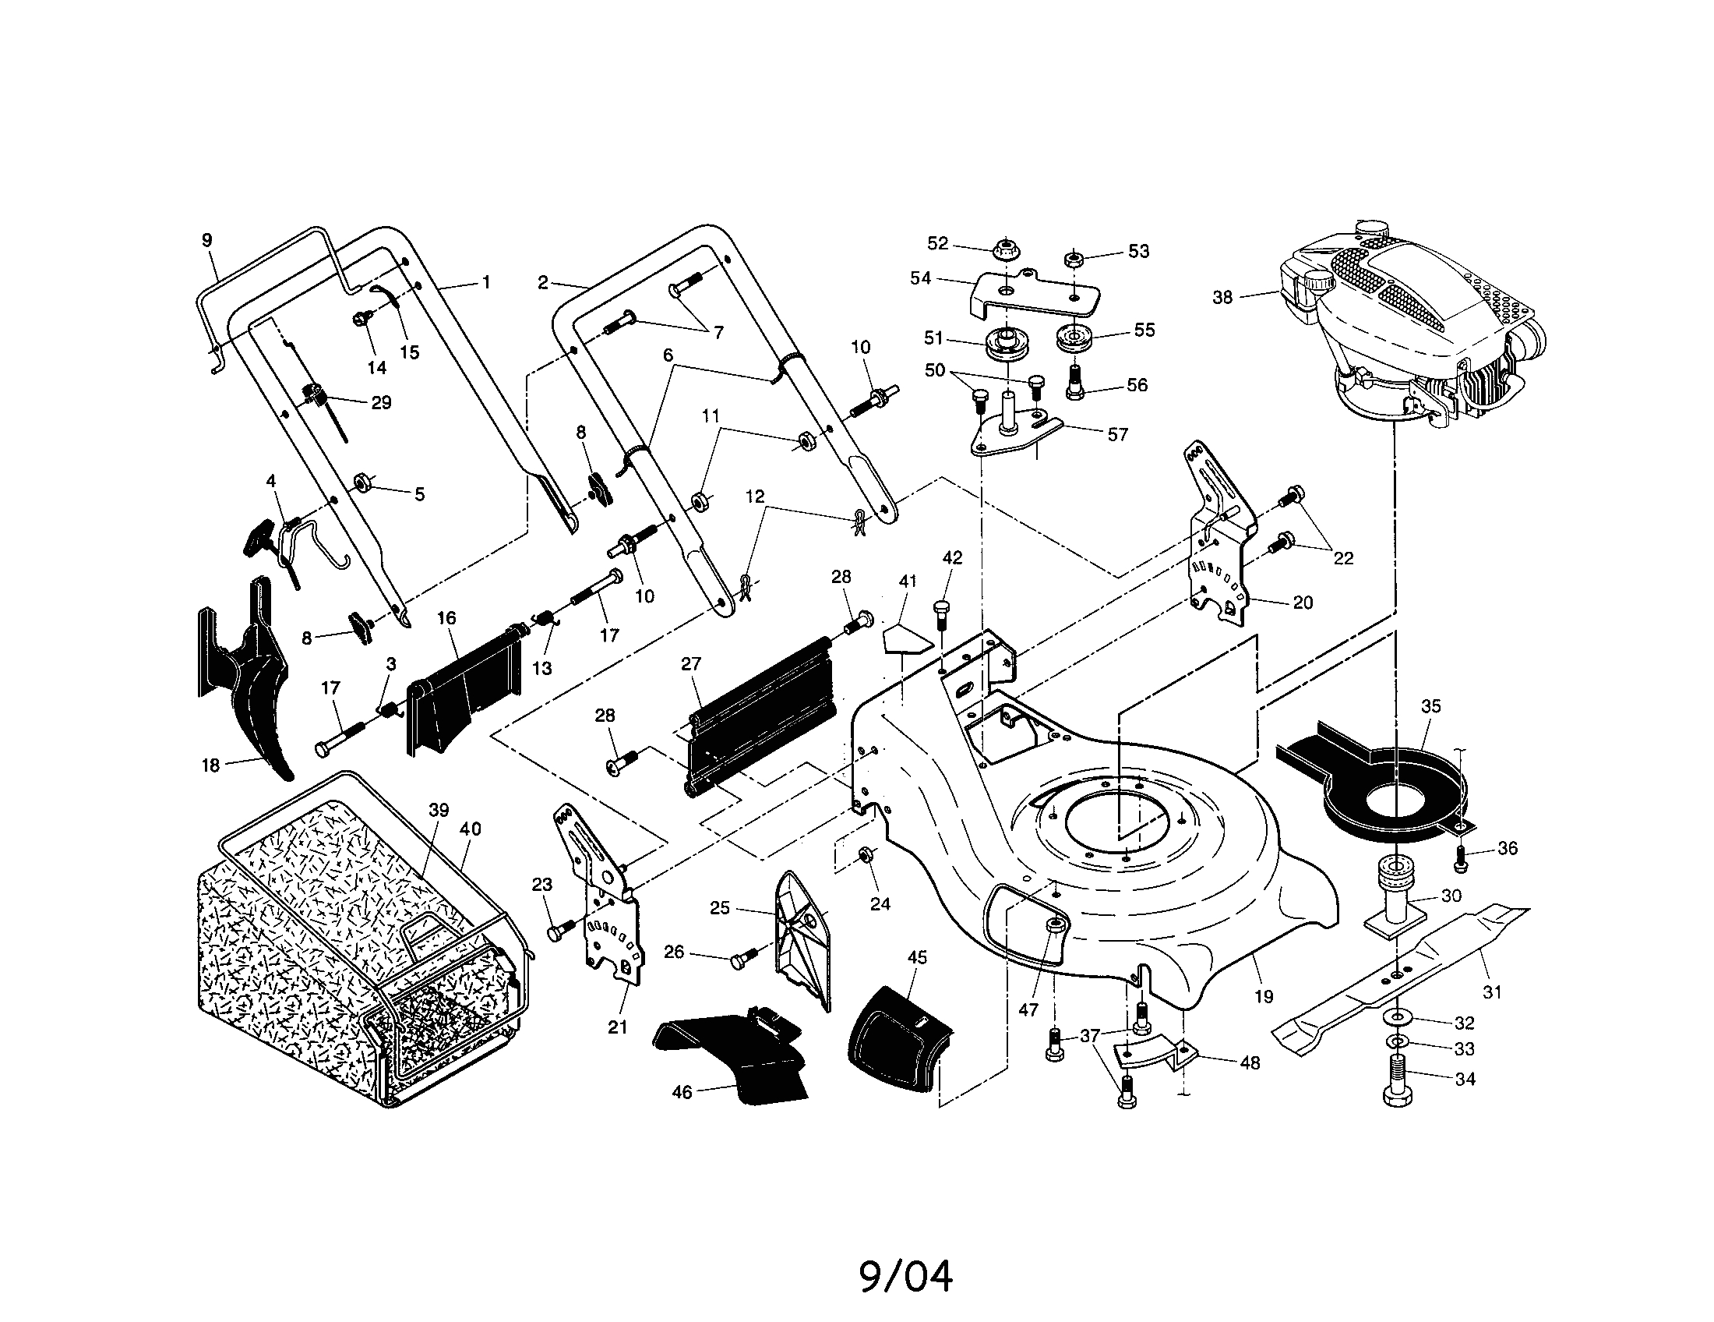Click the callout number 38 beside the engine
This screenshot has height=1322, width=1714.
coord(1222,298)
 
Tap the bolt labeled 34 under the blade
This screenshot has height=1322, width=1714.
coord(1398,1083)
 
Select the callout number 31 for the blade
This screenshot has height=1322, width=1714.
coord(1491,992)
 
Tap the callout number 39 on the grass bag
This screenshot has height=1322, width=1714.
coord(439,809)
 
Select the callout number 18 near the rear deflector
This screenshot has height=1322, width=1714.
coord(210,765)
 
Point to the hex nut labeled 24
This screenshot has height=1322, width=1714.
coord(866,854)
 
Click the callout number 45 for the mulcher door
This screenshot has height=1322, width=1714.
coord(917,957)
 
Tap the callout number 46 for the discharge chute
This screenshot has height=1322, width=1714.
coord(682,1092)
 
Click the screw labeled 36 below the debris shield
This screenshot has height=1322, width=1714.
coord(1461,860)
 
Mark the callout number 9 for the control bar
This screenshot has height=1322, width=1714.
coord(207,239)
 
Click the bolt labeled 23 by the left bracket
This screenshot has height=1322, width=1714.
coord(558,931)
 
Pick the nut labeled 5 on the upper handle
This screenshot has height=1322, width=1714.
coord(363,481)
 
